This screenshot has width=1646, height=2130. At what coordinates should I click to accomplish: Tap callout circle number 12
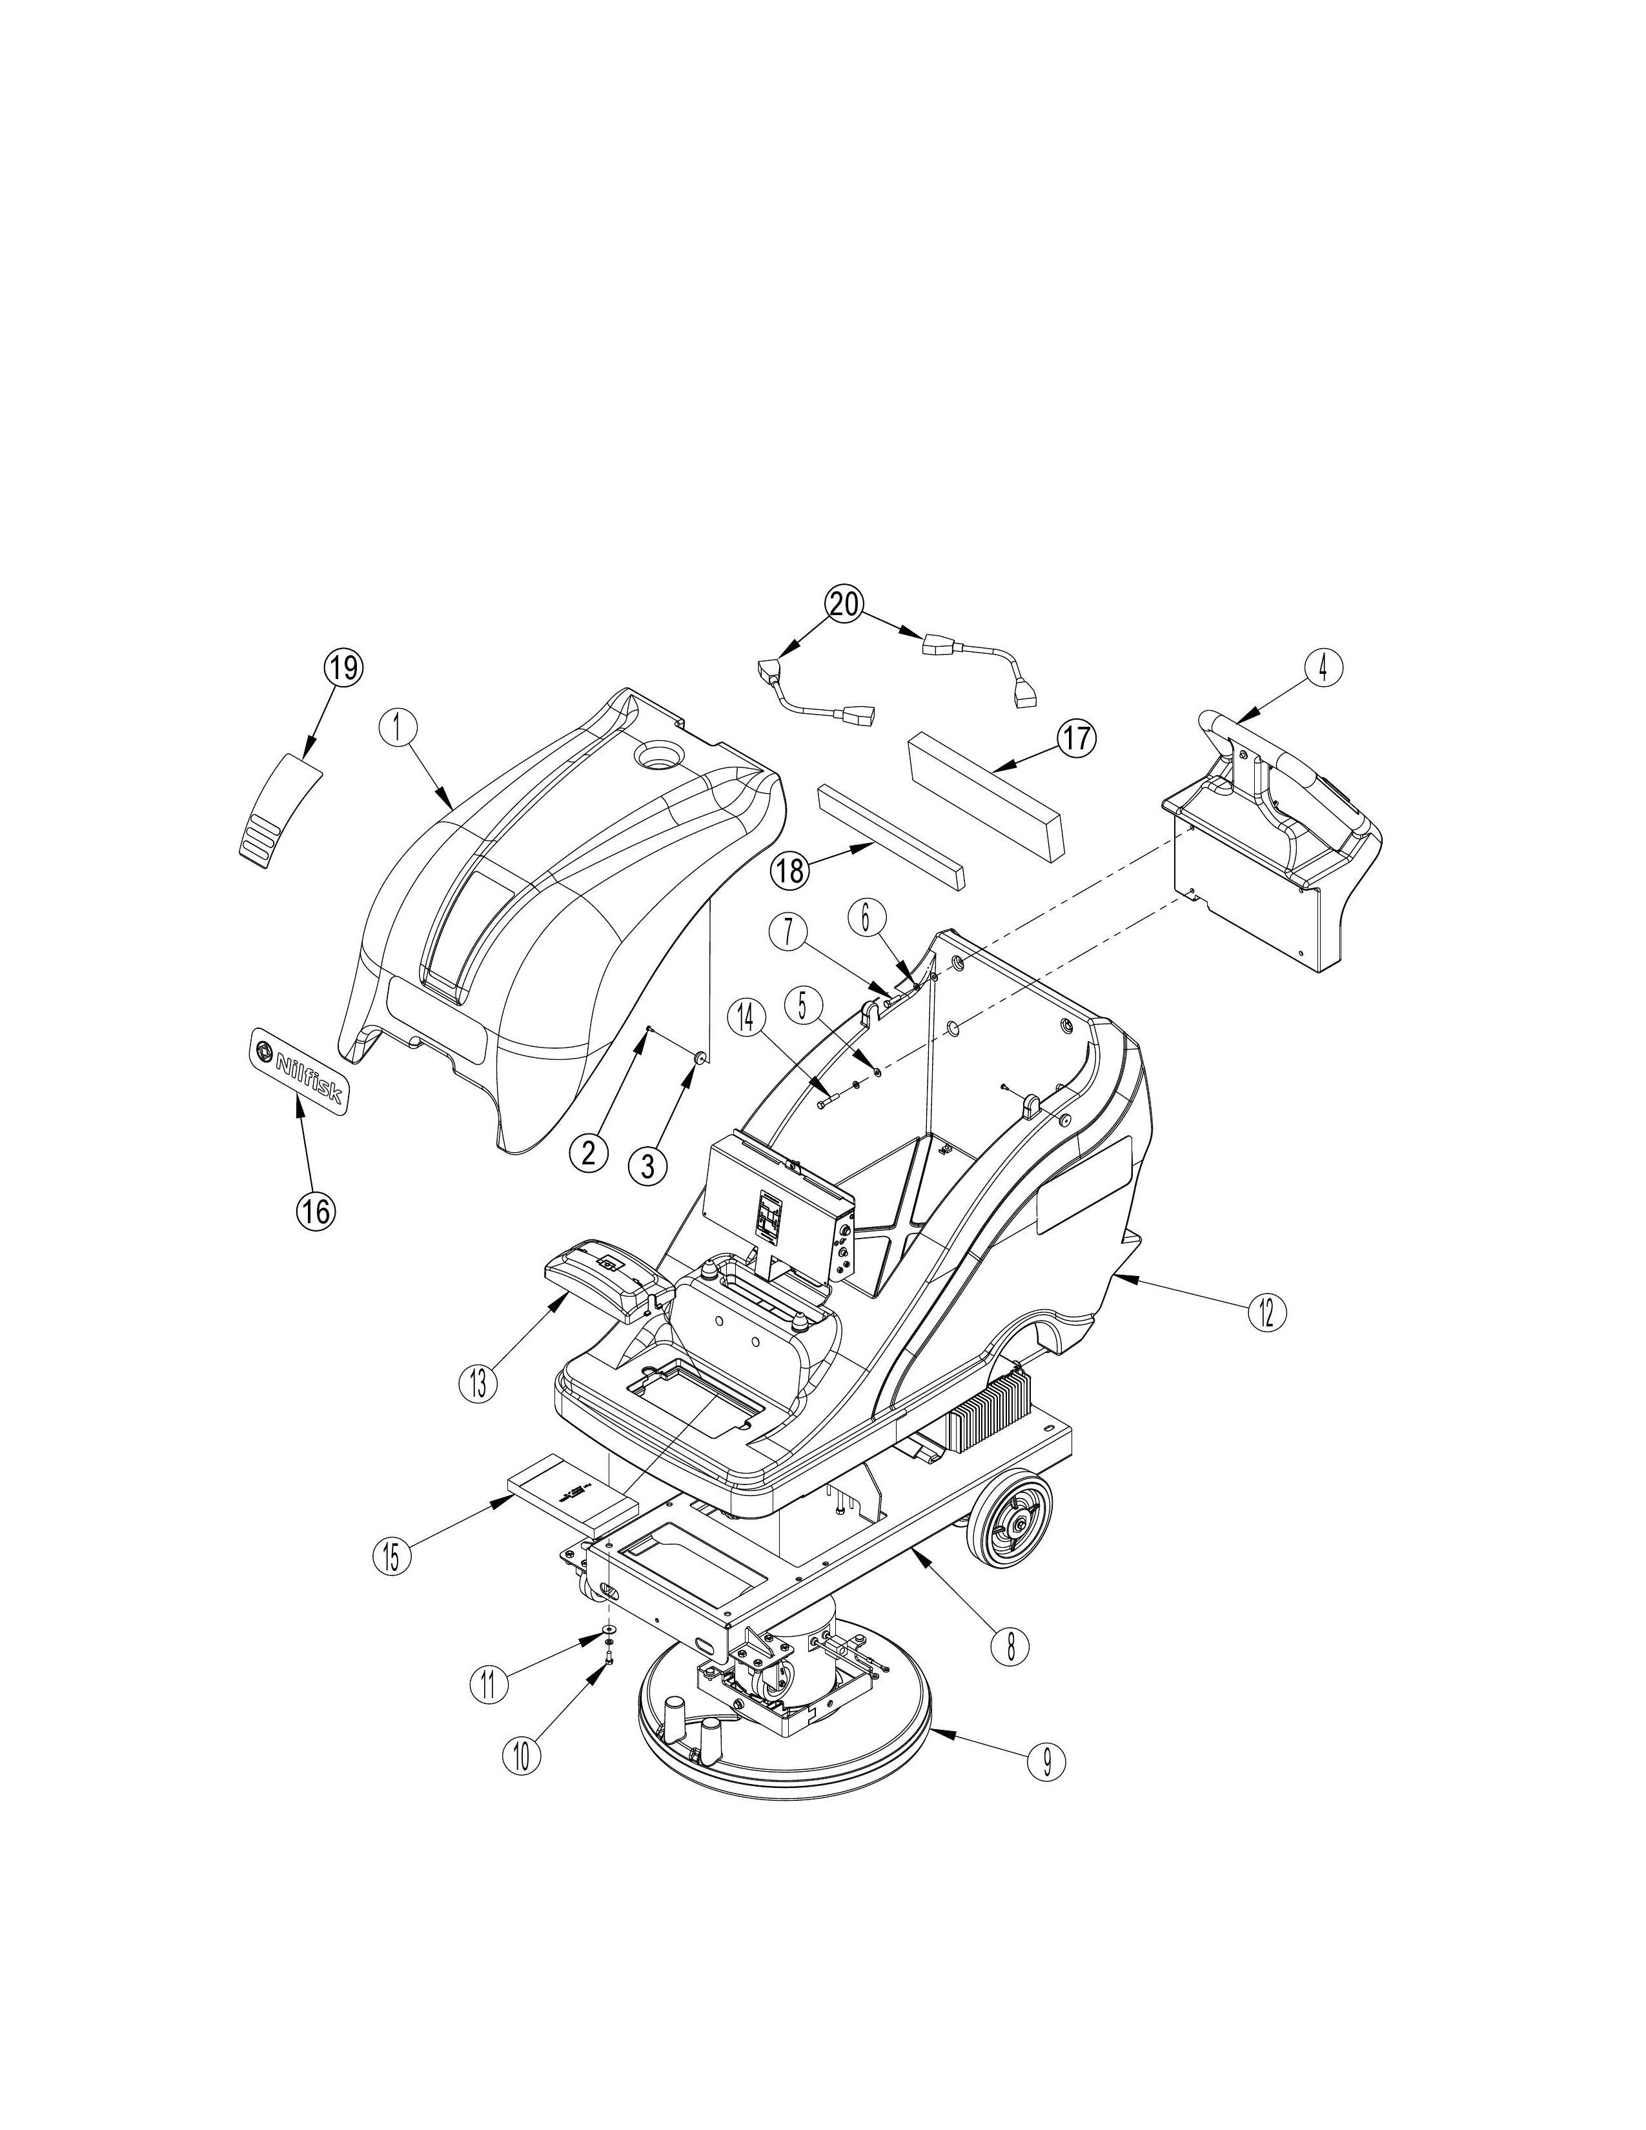coord(1266,1313)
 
